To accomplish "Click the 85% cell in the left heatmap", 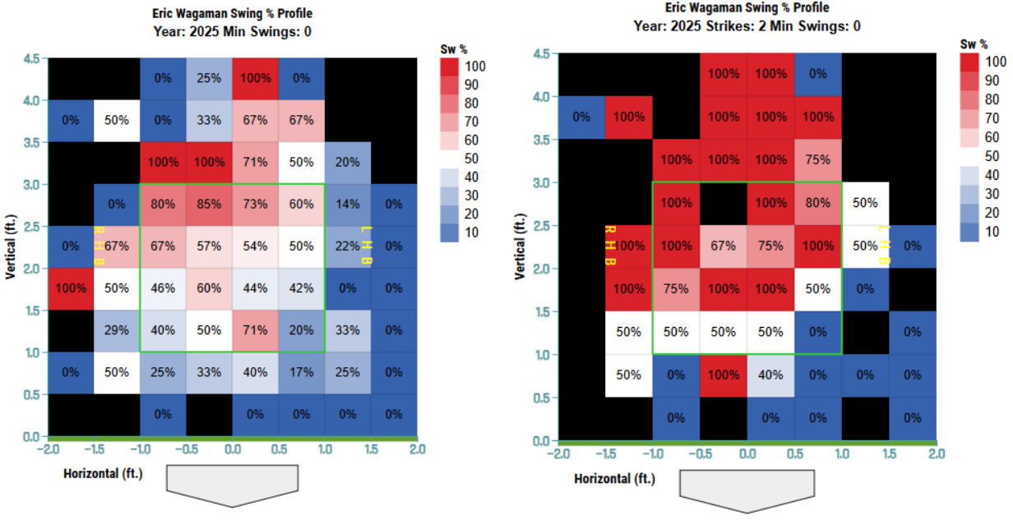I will tap(209, 204).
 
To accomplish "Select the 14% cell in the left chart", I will tap(348, 204).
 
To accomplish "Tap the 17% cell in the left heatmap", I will tap(302, 373).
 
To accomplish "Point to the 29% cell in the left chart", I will tap(117, 331).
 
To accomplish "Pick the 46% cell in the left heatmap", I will tap(163, 288).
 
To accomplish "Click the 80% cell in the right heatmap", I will tap(817, 203).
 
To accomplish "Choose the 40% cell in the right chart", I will tap(770, 374).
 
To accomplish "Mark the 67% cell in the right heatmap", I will tap(724, 246).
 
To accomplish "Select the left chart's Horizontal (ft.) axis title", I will tap(105, 473).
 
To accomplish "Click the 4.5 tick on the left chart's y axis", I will tap(30, 58).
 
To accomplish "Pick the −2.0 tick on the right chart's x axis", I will tap(560, 453).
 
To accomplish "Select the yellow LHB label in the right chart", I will tap(884, 246).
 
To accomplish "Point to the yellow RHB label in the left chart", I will tap(99, 246).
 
